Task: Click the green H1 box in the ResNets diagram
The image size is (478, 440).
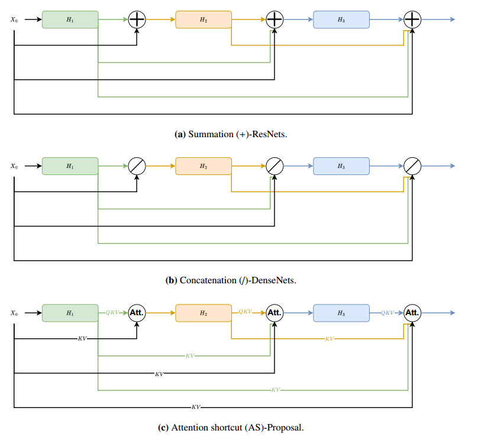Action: [x=70, y=20]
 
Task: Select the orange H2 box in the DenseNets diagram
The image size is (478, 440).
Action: [x=203, y=166]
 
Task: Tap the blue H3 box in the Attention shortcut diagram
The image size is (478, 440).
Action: [x=341, y=312]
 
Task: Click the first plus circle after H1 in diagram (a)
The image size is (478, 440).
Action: [x=137, y=20]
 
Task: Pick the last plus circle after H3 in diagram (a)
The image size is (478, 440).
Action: [x=412, y=20]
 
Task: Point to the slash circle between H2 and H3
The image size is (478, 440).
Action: [x=274, y=166]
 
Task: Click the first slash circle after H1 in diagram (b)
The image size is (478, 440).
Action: [x=137, y=166]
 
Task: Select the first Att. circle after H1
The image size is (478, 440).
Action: [x=137, y=312]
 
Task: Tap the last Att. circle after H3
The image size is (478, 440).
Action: [x=412, y=312]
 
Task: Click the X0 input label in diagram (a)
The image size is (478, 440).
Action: [x=14, y=20]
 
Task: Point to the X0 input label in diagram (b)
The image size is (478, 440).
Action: [x=14, y=166]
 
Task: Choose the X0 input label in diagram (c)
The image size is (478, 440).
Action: [x=14, y=312]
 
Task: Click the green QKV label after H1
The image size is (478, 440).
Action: [x=112, y=312]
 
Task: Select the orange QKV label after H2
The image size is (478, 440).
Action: [x=246, y=312]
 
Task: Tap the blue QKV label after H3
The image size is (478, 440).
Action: [x=387, y=312]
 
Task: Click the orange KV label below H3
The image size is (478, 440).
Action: [x=330, y=339]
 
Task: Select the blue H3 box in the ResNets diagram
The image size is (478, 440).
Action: [x=341, y=20]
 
